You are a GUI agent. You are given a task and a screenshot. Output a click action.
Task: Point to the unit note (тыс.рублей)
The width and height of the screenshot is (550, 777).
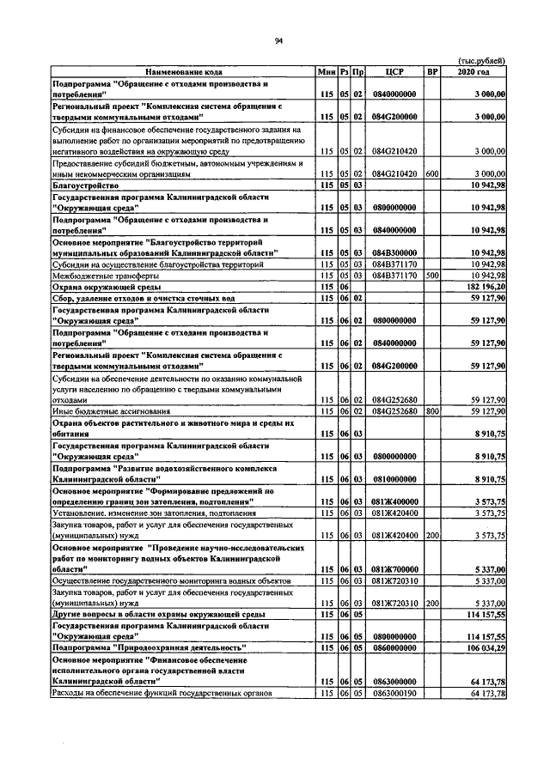pos(481,61)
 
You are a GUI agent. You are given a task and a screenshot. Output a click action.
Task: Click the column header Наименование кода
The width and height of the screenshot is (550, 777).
pos(183,71)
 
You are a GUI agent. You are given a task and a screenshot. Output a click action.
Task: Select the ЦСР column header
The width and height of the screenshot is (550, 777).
pos(394,71)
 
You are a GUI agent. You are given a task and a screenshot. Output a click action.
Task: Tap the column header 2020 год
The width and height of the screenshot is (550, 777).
pos(475,71)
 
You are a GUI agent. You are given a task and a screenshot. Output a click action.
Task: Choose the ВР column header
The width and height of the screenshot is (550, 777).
pos(432,71)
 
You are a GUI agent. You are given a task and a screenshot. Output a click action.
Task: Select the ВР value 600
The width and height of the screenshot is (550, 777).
pos(432,173)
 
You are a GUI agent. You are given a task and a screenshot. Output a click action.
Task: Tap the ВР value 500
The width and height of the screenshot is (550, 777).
pos(432,276)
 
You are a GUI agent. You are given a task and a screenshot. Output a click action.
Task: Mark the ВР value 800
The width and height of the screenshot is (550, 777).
pos(432,411)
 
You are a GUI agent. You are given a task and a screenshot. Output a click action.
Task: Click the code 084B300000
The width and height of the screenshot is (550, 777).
pos(394,252)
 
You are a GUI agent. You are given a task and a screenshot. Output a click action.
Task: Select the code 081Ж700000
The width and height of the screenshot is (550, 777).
pos(394,569)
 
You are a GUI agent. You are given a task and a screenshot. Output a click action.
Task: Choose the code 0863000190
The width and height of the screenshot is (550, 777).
pos(394,692)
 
